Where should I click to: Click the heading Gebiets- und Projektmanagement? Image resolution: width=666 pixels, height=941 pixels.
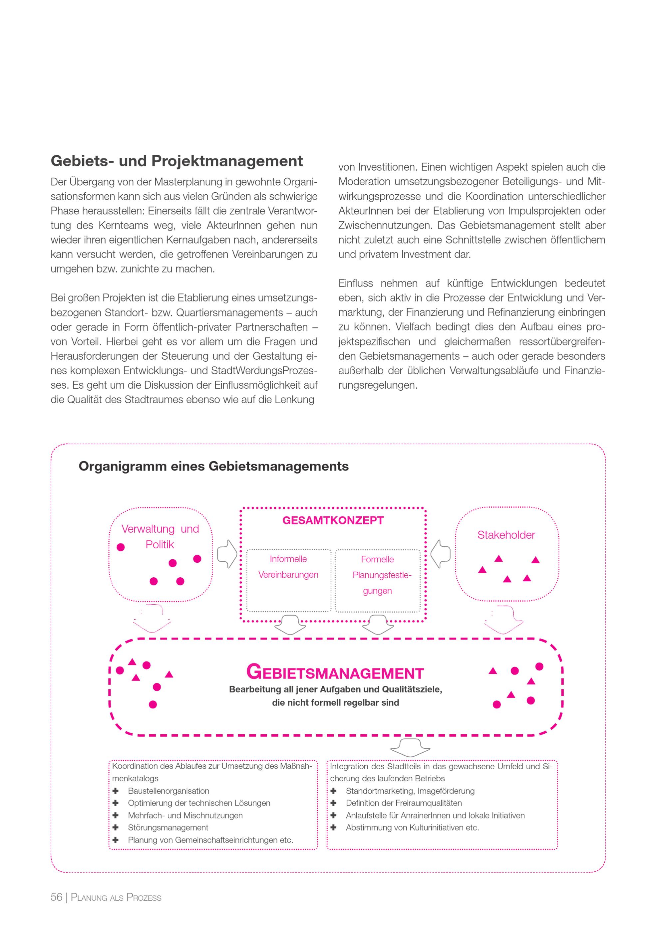pos(177,161)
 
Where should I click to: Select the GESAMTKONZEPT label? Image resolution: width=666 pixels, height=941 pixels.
pos(333,520)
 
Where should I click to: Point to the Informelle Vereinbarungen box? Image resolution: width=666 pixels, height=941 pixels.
pos(288,580)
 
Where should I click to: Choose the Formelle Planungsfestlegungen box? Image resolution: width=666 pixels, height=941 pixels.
pos(377,580)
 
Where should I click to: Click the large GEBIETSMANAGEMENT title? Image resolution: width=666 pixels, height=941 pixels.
pos(335,672)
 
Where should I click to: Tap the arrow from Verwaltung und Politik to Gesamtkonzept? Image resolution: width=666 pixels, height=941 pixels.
pos(227,554)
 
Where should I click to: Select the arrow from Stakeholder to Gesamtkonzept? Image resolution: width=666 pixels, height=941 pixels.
pos(441,554)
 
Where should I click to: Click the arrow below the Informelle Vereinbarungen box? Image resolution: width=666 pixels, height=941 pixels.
pos(290,625)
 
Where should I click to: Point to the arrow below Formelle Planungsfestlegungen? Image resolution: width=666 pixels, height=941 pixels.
pos(378,625)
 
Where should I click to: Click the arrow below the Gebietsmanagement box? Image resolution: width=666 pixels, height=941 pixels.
pos(410,748)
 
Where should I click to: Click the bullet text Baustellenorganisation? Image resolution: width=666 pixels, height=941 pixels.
pos(168,791)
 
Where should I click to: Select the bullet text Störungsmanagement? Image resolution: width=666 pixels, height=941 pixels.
pos(168,828)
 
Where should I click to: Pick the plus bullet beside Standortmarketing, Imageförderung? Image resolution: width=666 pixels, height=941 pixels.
pos(333,791)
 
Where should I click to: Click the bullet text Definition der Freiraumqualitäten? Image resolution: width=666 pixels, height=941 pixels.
pos(404,803)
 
